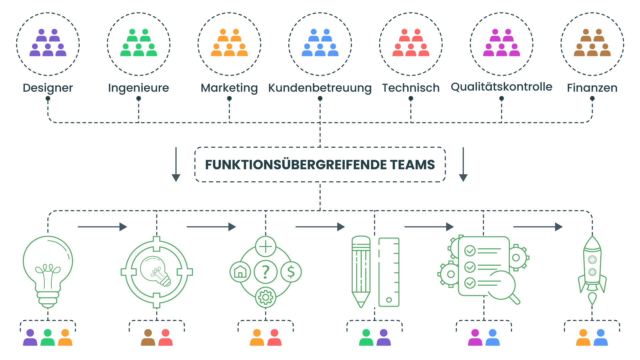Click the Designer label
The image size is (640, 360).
[x=48, y=88]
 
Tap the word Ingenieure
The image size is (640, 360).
[x=138, y=88]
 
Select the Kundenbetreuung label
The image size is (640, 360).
[x=320, y=88]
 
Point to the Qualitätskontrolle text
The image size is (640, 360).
[x=501, y=87]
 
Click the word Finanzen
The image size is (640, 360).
[x=592, y=88]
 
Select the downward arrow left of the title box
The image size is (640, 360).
[x=176, y=165]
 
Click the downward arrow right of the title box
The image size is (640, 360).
[x=463, y=165]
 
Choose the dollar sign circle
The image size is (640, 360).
[x=291, y=272]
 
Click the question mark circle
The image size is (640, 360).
[x=266, y=272]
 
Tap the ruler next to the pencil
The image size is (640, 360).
[x=389, y=272]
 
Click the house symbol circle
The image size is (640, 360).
[x=240, y=272]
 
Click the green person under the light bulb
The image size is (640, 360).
[x=48, y=337]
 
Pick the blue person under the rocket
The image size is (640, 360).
[x=601, y=337]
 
